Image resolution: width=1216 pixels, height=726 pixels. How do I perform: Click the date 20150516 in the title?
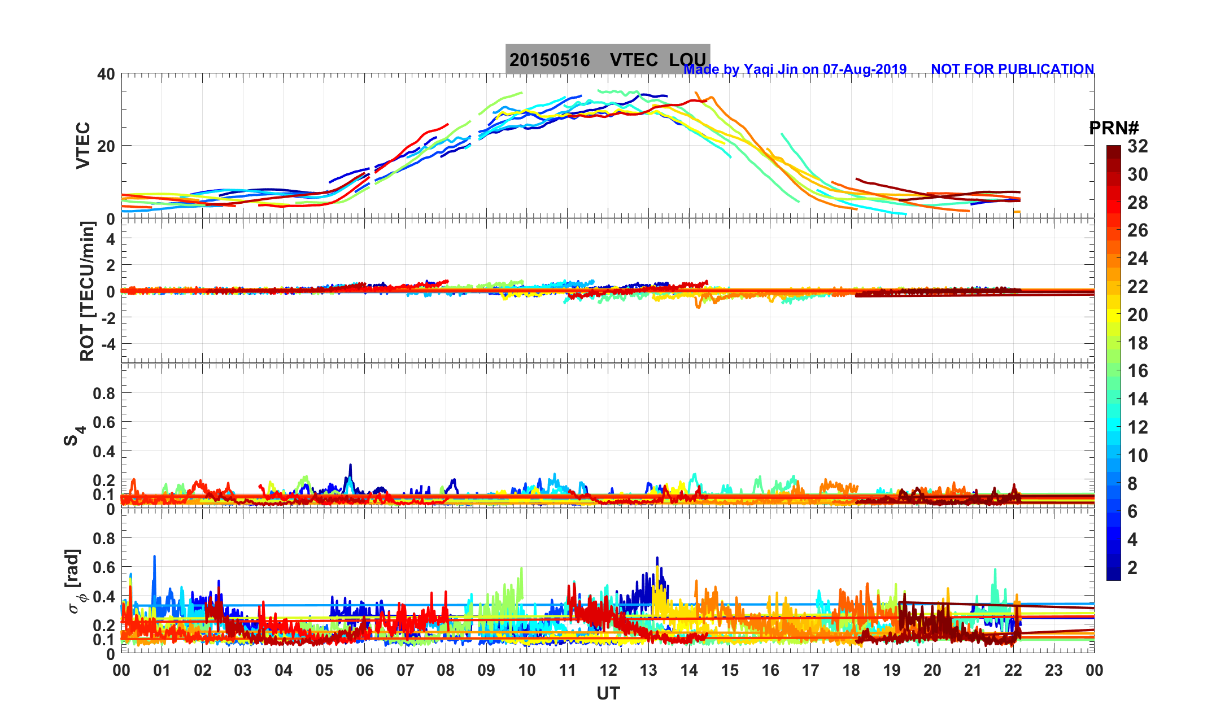tap(549, 60)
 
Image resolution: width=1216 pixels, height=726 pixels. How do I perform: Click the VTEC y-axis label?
tap(83, 145)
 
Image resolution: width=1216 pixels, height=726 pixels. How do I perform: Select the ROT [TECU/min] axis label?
tap(87, 291)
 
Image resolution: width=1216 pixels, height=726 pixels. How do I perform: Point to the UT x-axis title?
tap(608, 693)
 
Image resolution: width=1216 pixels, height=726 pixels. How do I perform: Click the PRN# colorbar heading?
tap(1113, 128)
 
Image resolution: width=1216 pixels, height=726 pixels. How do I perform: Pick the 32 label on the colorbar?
tap(1137, 146)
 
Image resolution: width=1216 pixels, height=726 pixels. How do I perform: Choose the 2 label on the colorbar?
tap(1132, 567)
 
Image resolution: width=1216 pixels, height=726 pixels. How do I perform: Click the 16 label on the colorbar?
tap(1137, 371)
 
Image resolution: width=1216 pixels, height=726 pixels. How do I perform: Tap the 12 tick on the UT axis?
tap(608, 670)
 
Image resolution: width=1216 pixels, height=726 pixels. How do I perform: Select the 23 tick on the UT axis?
tap(1053, 670)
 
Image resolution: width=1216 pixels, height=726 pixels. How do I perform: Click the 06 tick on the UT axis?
tap(364, 670)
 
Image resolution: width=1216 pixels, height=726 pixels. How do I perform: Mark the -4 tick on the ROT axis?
tap(107, 344)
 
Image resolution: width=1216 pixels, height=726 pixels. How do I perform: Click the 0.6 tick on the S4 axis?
tap(104, 422)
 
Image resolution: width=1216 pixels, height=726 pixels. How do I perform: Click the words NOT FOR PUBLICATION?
tap(1012, 69)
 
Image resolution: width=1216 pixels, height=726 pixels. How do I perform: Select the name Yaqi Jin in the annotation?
tap(770, 69)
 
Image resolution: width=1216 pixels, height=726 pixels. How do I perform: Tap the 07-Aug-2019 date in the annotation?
tap(864, 69)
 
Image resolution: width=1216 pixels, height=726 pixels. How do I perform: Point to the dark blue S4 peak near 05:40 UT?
tap(350, 466)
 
